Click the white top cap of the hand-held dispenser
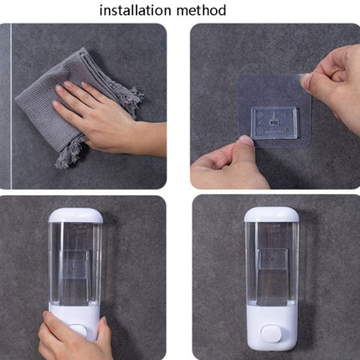click(75, 215)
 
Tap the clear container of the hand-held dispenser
click(75, 264)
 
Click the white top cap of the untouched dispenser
click(272, 215)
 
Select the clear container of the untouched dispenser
click(272, 264)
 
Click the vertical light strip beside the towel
click(9, 105)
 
